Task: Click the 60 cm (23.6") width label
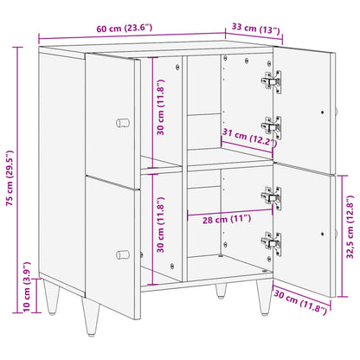click(128, 31)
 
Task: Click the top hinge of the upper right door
click(272, 81)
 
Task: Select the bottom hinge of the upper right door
click(272, 126)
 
